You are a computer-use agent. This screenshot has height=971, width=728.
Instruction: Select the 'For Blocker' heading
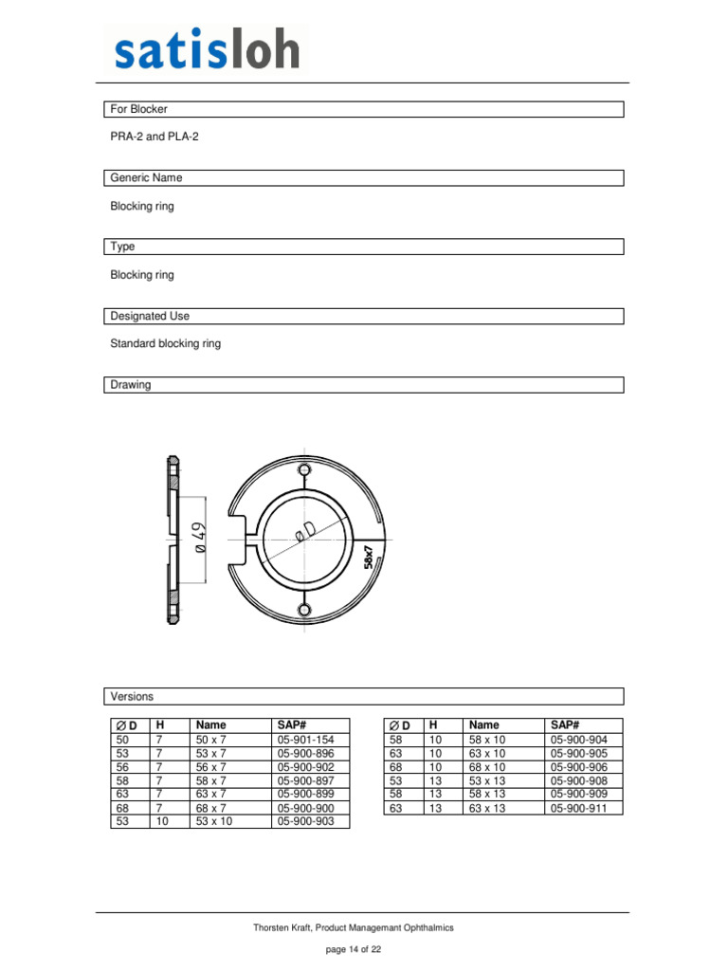pyautogui.click(x=139, y=109)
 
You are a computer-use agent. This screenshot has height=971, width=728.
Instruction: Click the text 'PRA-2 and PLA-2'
pyautogui.click(x=155, y=137)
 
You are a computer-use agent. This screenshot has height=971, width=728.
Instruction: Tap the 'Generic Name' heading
pyautogui.click(x=147, y=177)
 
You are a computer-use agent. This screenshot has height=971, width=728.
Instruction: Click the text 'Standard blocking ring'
pyautogui.click(x=166, y=343)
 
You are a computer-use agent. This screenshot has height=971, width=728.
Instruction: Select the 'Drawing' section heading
pyautogui.click(x=131, y=385)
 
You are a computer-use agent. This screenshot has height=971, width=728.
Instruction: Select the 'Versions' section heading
pyautogui.click(x=132, y=696)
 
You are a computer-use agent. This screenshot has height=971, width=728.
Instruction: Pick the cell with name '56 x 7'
pyautogui.click(x=211, y=767)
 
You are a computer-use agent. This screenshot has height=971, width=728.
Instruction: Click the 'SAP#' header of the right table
pyautogui.click(x=564, y=724)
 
